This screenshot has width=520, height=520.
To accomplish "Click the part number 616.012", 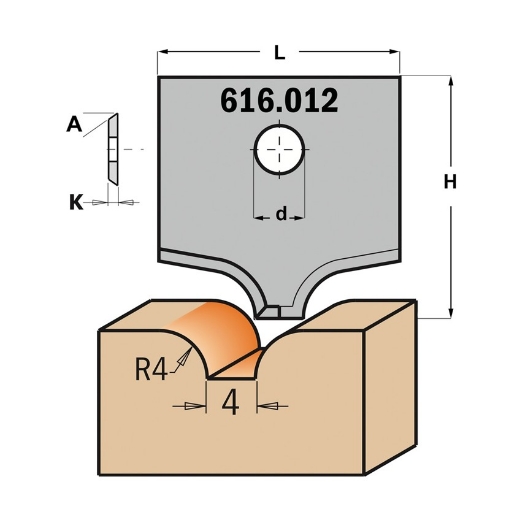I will click(x=278, y=101).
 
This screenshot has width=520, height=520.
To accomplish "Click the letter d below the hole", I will click(x=281, y=213).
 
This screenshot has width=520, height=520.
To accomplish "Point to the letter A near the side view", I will click(x=73, y=125).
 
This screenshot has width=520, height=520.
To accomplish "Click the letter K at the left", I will click(x=75, y=202).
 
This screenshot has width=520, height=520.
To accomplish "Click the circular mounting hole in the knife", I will click(x=279, y=151).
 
